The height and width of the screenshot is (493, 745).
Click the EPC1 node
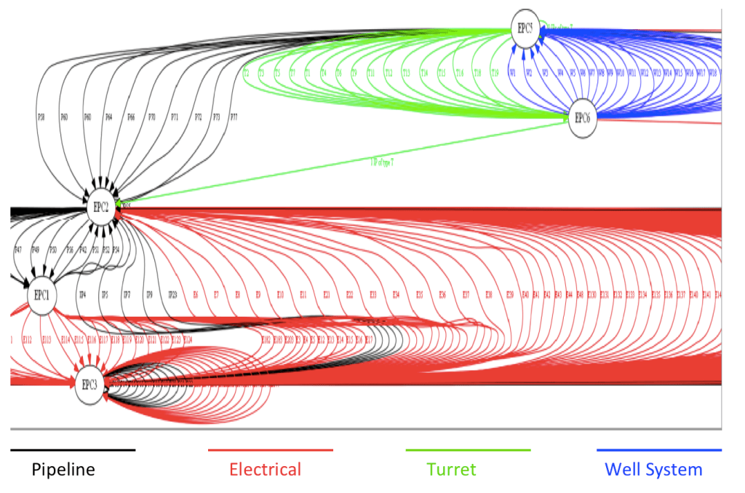(41, 296)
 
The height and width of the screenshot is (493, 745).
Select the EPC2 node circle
(100, 207)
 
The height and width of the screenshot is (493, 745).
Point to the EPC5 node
(525, 28)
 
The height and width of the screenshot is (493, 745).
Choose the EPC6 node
(581, 118)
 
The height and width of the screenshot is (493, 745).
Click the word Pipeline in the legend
(63, 470)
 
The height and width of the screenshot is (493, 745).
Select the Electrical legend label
(265, 470)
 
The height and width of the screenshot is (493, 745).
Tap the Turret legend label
(452, 470)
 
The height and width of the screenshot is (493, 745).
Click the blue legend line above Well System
(658, 451)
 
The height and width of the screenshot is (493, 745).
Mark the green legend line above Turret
(468, 451)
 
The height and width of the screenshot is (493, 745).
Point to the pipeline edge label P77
(234, 117)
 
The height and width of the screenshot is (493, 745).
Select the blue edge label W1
(513, 73)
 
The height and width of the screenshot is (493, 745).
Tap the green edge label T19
(495, 73)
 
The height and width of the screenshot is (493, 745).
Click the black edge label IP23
(172, 294)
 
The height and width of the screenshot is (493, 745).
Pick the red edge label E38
(489, 294)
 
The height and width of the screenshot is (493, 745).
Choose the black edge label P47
(18, 250)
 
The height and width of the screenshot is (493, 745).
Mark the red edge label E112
(28, 339)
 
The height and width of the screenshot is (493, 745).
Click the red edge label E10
(280, 294)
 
